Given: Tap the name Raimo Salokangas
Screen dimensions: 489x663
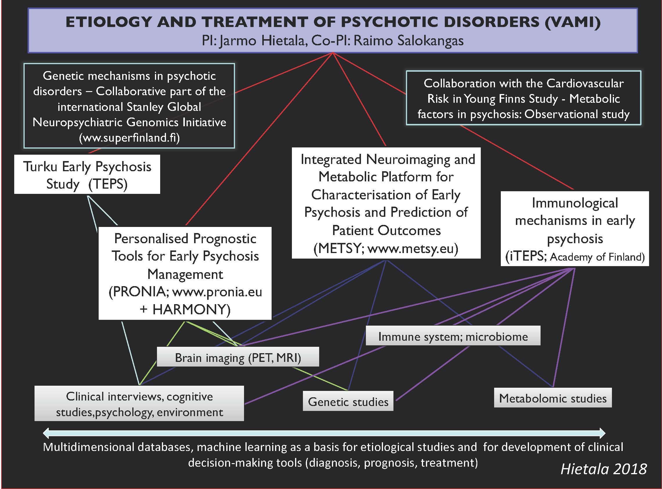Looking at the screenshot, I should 409,41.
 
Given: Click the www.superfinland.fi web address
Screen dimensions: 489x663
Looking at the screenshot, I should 129,138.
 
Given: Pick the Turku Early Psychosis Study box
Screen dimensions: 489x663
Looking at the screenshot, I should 87,175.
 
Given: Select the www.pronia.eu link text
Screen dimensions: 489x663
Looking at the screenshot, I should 217,292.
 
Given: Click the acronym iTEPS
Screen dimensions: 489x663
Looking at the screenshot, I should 526,257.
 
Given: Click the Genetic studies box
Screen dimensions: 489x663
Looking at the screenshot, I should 348,402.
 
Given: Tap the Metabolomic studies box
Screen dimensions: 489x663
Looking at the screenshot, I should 553,398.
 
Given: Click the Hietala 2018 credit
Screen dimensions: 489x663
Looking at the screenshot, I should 604,469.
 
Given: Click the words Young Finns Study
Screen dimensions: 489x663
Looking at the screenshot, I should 510,99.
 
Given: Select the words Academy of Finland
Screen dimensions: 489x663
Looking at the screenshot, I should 597,257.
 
